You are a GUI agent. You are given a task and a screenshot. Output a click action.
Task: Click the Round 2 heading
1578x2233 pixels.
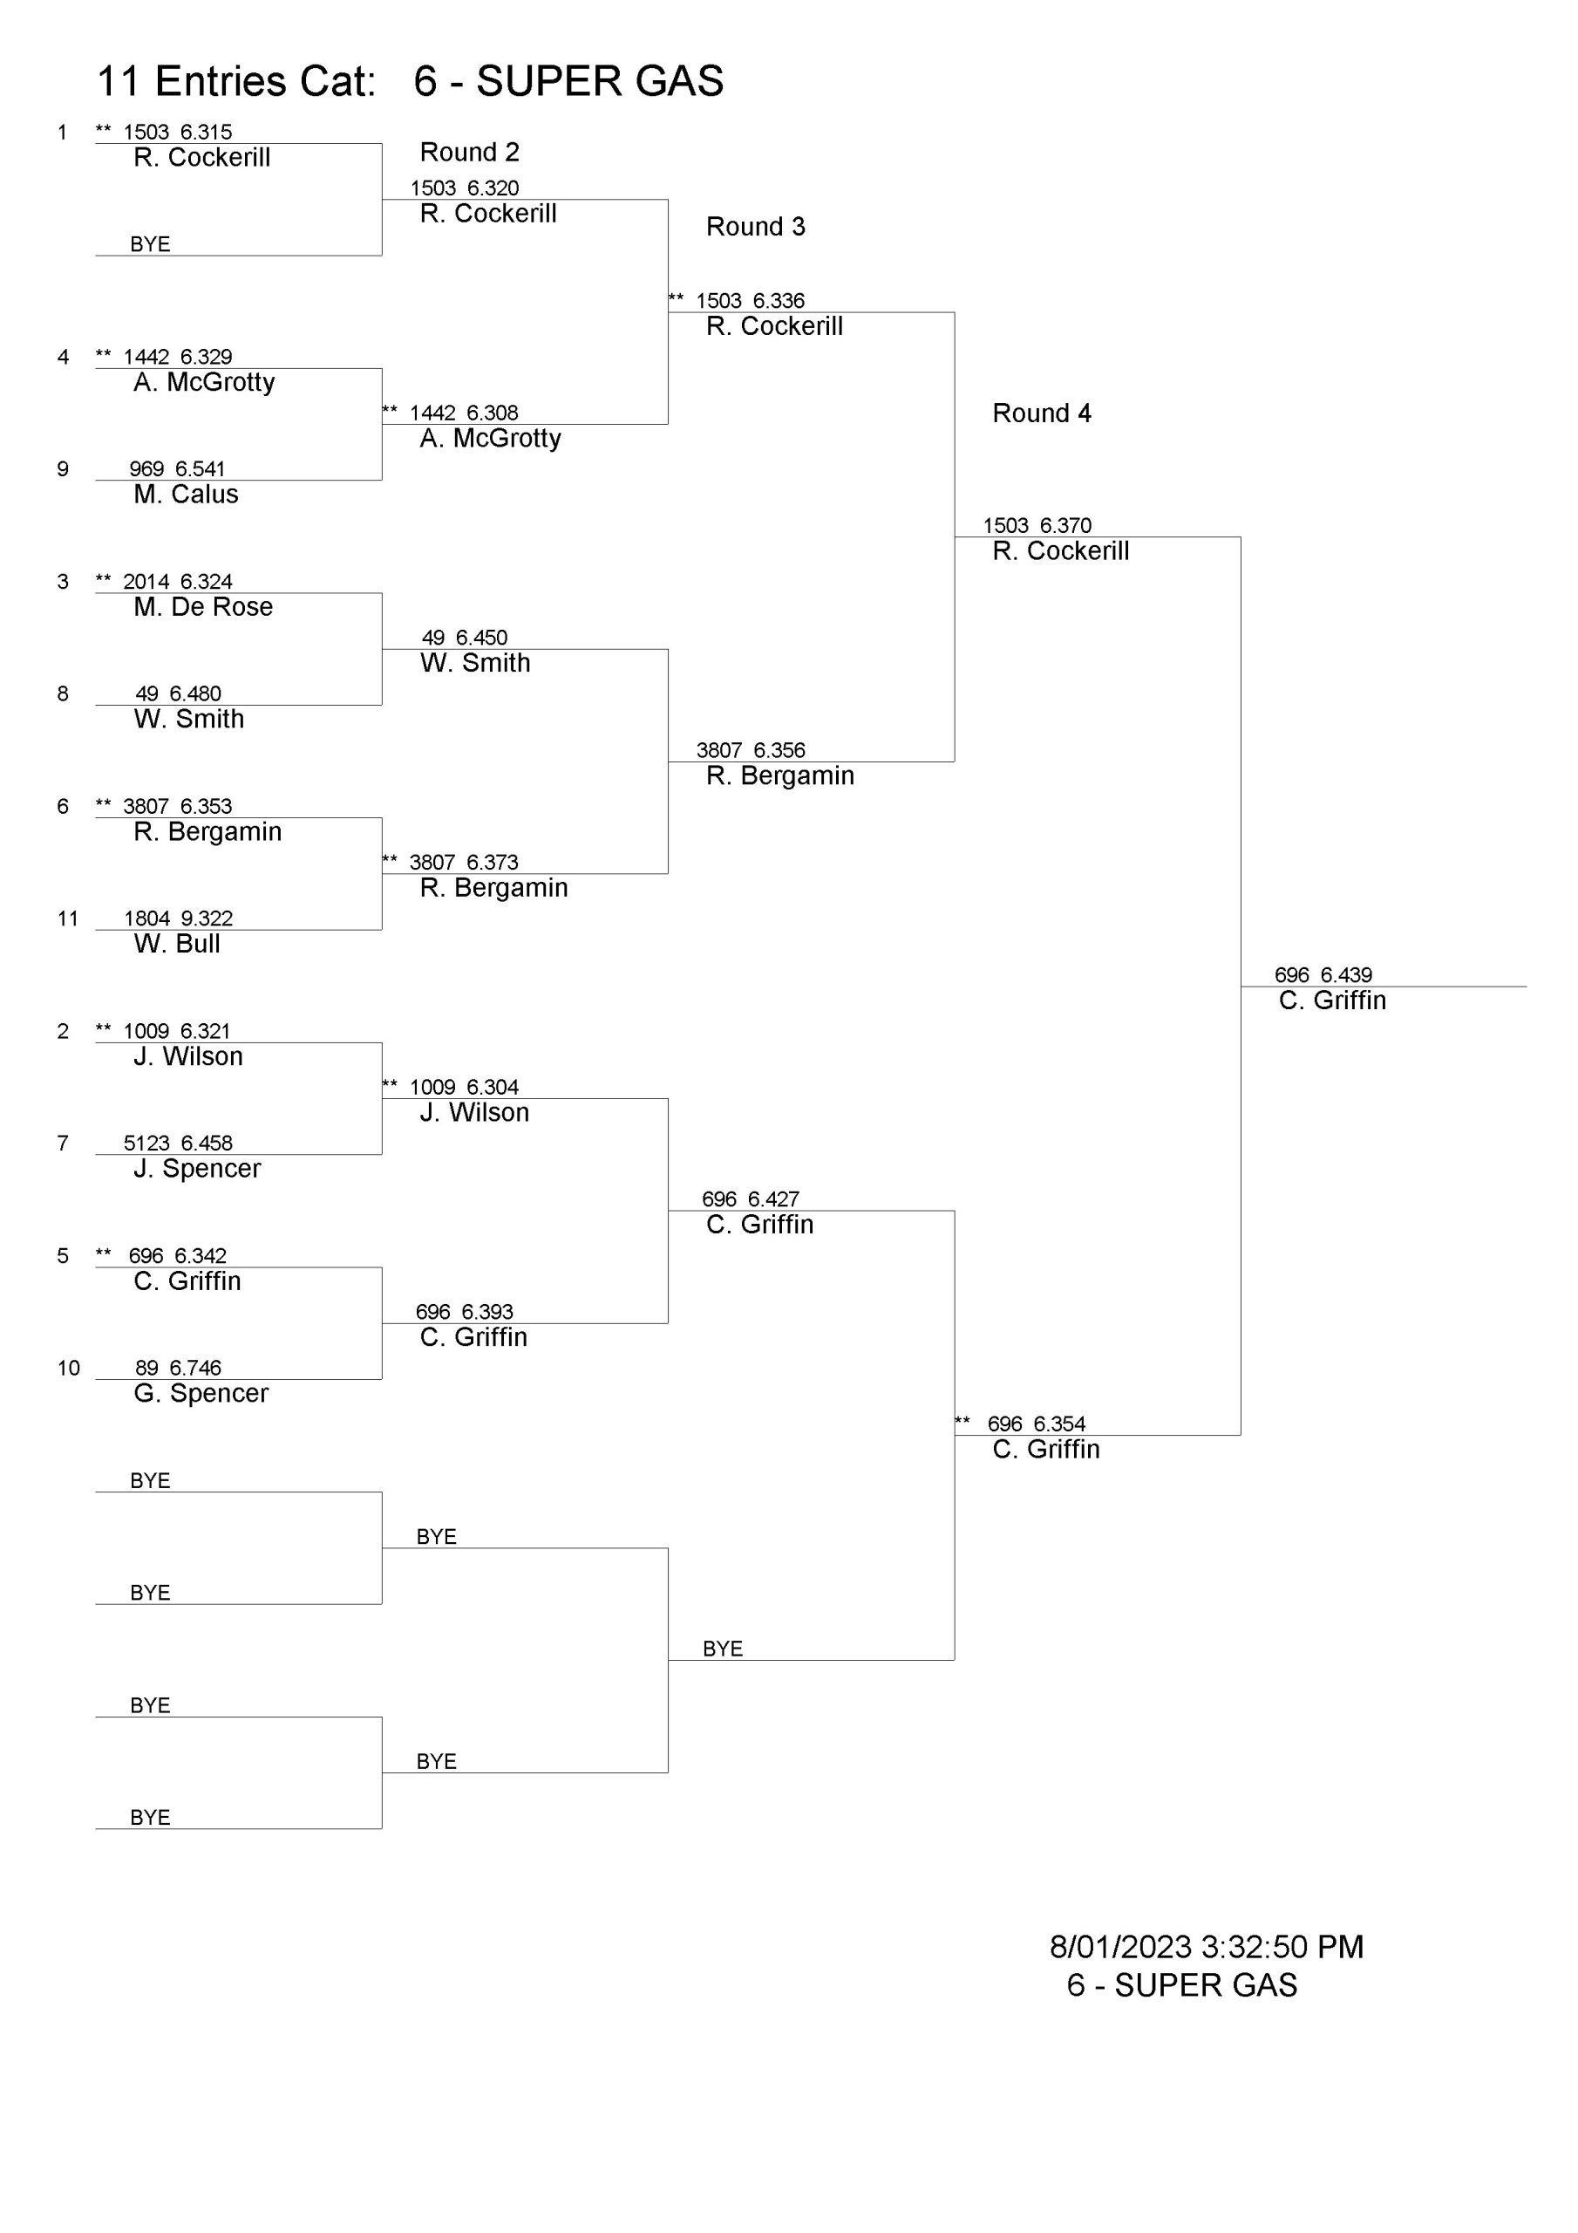click(470, 152)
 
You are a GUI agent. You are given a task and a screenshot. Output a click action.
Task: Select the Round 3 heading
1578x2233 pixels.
click(756, 227)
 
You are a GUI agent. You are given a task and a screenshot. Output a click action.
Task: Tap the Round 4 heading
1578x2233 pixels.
click(1041, 413)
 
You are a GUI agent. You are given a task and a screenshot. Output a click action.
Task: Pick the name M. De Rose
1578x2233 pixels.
click(203, 607)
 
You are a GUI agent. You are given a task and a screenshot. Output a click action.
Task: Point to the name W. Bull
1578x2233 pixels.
click(177, 944)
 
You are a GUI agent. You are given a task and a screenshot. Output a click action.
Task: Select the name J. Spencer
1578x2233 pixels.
click(197, 1168)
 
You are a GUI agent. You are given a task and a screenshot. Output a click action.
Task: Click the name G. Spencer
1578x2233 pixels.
click(201, 1393)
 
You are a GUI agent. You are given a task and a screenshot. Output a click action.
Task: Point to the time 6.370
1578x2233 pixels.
click(1065, 525)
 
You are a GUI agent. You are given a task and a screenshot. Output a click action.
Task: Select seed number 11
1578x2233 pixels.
click(67, 918)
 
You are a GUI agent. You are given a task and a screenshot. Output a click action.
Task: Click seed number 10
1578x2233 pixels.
click(68, 1368)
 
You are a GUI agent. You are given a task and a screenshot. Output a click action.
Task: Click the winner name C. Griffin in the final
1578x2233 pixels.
click(1332, 1000)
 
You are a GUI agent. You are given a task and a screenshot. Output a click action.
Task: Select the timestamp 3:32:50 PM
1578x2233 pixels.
click(1282, 1946)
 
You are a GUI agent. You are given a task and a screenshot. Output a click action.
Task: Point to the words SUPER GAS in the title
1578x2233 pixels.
click(600, 81)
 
